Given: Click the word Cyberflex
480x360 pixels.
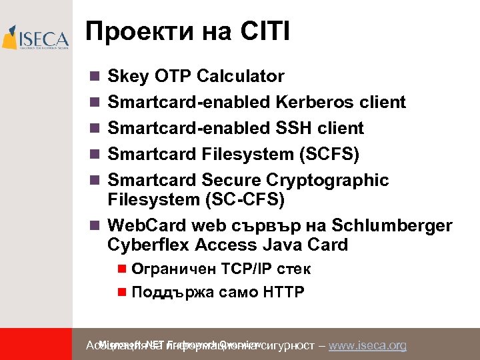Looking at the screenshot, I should (148, 245).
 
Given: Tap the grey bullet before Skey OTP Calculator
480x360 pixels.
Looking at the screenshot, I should (94, 77).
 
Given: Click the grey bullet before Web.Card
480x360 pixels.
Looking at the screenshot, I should (94, 225).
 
